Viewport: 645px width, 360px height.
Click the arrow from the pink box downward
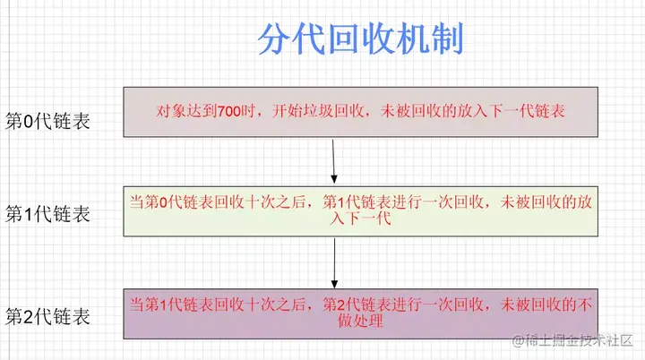point(333,159)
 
